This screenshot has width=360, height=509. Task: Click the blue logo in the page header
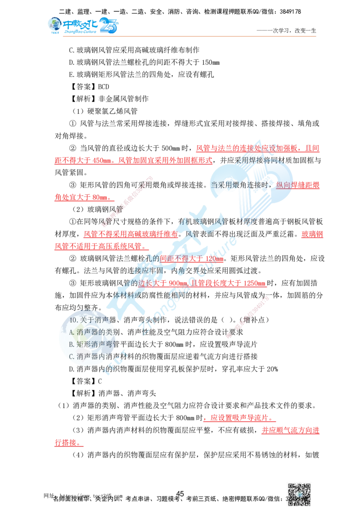82,26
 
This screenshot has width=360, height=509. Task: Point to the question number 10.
72,320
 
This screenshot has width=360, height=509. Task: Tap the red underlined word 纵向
283,185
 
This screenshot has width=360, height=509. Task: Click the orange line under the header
189,35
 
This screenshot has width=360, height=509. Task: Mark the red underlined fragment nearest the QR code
290,431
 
